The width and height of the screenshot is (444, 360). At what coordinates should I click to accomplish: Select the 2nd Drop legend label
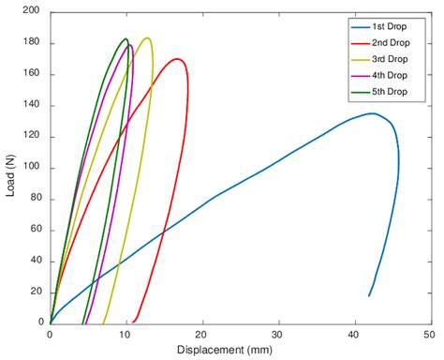(x=384, y=43)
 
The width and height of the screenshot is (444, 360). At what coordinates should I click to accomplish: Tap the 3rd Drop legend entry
(x=384, y=59)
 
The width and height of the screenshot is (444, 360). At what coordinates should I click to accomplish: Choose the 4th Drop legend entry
(x=384, y=75)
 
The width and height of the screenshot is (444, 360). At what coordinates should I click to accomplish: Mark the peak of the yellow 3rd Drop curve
(x=147, y=38)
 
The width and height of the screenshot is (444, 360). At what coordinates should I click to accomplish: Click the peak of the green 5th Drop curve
(x=126, y=39)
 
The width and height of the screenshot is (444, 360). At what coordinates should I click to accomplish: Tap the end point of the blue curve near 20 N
(x=369, y=296)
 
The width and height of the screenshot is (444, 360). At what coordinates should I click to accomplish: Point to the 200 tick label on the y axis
(x=31, y=12)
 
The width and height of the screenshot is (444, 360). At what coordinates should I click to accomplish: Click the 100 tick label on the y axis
(x=31, y=168)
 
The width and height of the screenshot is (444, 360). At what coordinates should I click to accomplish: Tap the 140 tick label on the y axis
(x=31, y=106)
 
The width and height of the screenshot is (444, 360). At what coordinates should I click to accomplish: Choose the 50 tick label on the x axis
(x=428, y=333)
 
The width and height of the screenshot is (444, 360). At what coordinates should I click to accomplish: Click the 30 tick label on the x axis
(x=276, y=333)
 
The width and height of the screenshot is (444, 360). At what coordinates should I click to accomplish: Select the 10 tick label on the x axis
(x=126, y=333)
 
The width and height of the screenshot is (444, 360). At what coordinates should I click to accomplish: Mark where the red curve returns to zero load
(x=134, y=322)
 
